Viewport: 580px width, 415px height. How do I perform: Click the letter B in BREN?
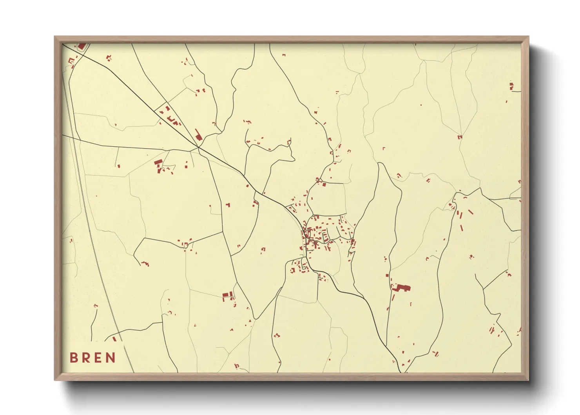(73, 358)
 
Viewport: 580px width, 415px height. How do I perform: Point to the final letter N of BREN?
(111, 358)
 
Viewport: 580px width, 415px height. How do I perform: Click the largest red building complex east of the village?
(401, 288)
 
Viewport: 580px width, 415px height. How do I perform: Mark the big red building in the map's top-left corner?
(82, 46)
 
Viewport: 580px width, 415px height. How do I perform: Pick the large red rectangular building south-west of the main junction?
(158, 162)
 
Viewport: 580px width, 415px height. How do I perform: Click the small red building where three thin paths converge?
(460, 137)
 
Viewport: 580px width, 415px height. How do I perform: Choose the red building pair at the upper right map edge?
(511, 86)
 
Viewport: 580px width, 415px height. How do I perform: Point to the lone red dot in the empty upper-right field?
(421, 105)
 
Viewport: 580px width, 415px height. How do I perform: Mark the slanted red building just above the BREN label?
(114, 339)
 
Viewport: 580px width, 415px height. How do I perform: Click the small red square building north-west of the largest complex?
(387, 276)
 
